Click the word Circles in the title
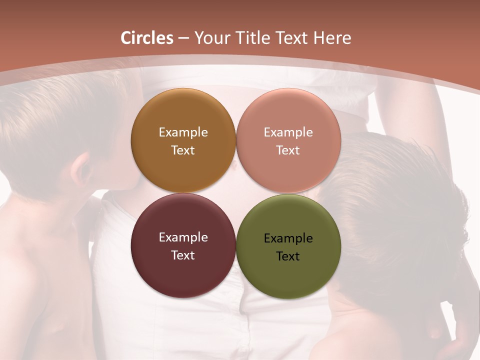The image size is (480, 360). point(146,38)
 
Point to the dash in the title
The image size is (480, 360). point(183,38)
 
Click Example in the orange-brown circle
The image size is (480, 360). point(183,132)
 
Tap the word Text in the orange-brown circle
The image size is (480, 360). point(183,150)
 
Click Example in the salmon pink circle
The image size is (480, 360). point(288,132)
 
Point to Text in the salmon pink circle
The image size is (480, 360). point(288,150)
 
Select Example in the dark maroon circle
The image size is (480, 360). point(183,237)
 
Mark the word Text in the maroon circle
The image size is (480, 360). point(183,255)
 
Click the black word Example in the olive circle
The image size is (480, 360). point(288,238)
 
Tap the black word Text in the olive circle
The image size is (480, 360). point(288,256)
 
